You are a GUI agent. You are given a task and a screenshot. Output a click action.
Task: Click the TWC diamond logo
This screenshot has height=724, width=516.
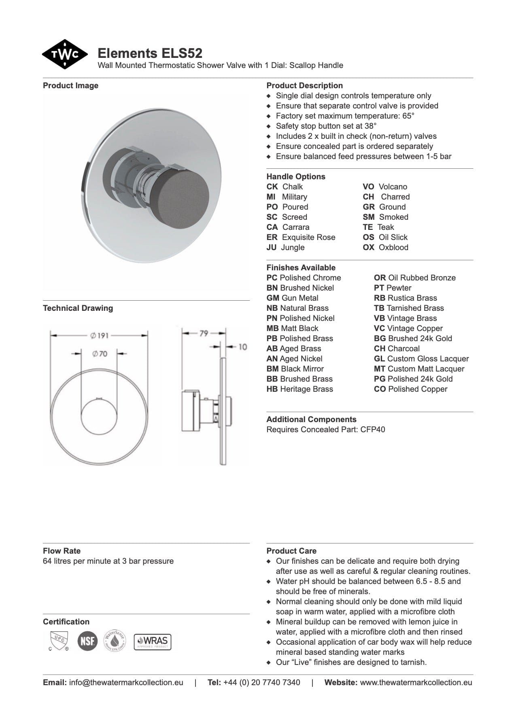coord(64,54)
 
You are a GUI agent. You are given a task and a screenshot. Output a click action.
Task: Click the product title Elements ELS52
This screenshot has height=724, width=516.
coord(150,53)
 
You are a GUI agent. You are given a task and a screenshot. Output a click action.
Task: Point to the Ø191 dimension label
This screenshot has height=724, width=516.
coord(99,335)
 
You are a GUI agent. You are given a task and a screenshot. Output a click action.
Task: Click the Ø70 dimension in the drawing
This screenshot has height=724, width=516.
coord(100,354)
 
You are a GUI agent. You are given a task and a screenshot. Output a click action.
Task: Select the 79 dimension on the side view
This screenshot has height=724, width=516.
coord(204,333)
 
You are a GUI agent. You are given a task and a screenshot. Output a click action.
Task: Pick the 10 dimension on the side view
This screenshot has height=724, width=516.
coord(242,347)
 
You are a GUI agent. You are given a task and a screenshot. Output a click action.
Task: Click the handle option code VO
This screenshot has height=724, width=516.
coord(368,187)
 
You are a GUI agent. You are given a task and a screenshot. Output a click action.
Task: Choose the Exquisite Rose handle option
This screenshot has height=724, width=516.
coord(308,238)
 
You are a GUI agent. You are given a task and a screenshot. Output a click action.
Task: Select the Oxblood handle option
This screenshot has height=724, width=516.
coord(393,248)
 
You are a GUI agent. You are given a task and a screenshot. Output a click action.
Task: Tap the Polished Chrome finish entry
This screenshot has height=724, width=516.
coord(310,278)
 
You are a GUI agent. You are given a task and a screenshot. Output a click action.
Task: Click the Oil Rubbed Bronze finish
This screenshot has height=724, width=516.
coord(421,278)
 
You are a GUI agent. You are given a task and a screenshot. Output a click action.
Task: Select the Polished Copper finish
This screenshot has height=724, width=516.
coord(417,389)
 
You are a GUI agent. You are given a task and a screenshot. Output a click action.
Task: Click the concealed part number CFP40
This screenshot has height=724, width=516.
coord(372,430)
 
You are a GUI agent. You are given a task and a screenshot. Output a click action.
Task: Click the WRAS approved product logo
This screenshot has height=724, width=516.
coord(153,642)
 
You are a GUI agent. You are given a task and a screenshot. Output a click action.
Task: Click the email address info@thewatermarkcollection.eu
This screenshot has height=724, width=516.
coord(126,683)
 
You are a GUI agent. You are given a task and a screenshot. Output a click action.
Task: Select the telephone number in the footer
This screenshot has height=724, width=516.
coord(261,683)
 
